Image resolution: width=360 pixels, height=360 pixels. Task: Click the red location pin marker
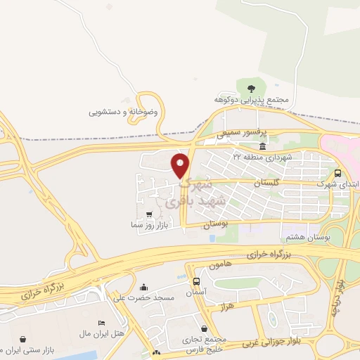coord(181,165)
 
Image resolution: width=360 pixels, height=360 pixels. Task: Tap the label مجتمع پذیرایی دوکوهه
coord(252,101)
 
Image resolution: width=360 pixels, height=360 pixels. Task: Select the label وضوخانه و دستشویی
coord(124,112)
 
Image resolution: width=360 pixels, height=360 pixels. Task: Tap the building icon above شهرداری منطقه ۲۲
coord(262,146)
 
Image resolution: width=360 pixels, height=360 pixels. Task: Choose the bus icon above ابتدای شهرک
coord(338,172)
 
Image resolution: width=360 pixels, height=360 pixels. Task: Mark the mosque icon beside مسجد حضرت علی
coord(144,287)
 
